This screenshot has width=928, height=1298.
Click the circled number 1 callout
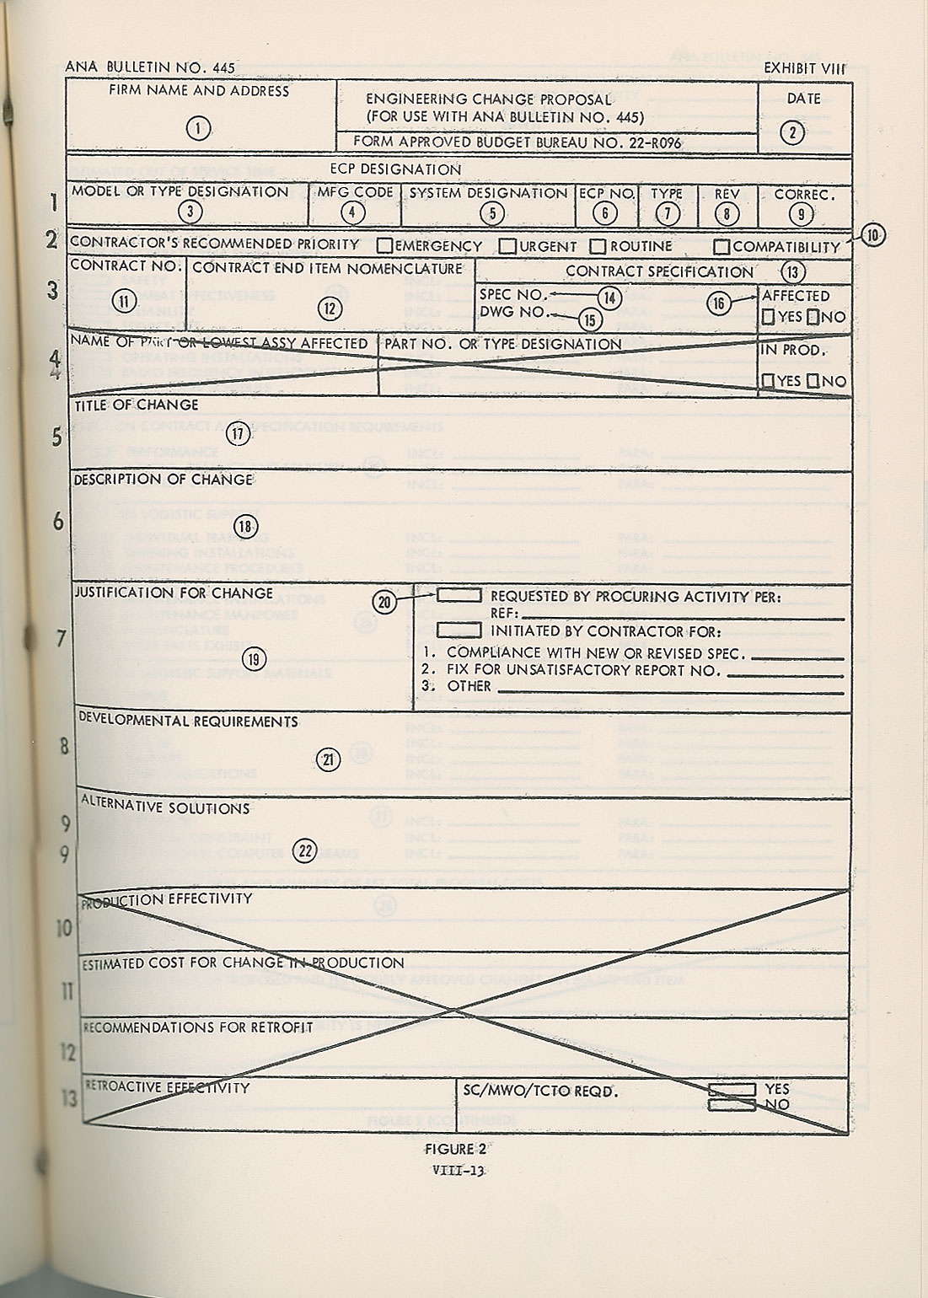[198, 128]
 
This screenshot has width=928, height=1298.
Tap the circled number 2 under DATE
[792, 131]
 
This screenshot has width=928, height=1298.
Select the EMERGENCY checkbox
[385, 246]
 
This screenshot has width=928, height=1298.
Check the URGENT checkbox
[507, 246]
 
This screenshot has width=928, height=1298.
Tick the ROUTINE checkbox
[598, 246]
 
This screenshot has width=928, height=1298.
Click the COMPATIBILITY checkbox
[721, 247]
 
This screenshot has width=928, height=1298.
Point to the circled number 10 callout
[874, 235]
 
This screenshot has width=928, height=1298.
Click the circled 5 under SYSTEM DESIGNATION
[492, 212]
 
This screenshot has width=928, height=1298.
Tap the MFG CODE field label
[355, 192]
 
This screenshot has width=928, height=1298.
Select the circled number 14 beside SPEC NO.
[609, 298]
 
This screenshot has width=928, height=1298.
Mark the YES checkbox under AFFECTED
[769, 318]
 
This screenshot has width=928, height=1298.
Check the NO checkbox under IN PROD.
[813, 381]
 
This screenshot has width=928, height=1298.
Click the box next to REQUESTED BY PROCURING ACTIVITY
[459, 595]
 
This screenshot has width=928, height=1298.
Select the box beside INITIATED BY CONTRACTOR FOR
[459, 630]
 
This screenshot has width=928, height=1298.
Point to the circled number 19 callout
[253, 658]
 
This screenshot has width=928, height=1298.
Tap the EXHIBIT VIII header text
[803, 68]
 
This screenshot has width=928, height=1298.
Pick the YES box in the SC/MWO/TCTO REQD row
[732, 1089]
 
